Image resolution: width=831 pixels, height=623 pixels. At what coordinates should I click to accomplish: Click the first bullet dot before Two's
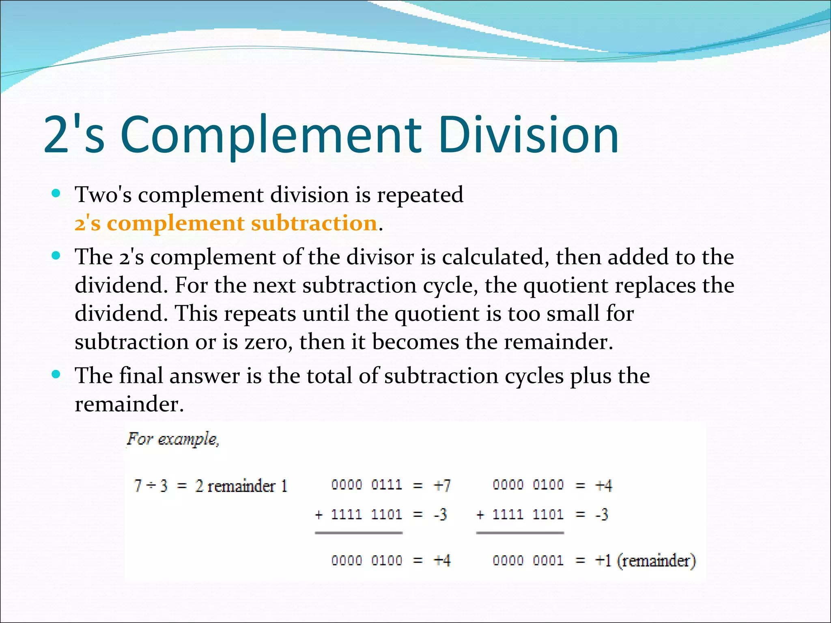click(56, 193)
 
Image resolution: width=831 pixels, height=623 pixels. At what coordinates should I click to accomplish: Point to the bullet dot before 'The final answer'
click(56, 374)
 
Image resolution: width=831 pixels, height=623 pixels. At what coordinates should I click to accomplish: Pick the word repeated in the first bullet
click(420, 195)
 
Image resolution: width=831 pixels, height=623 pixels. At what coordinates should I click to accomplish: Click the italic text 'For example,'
click(173, 439)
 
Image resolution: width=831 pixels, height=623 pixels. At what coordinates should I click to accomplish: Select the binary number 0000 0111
click(366, 485)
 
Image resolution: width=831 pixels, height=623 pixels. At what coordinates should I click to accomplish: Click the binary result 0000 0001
click(528, 561)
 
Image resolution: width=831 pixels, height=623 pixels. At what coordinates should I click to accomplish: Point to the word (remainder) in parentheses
click(657, 561)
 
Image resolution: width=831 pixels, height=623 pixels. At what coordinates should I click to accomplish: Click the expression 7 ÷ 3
click(151, 486)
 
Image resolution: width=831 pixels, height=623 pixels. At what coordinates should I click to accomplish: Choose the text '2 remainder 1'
click(241, 486)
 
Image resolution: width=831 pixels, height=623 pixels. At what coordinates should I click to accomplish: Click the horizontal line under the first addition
click(359, 533)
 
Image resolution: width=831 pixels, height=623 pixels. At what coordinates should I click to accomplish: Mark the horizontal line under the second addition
click(520, 533)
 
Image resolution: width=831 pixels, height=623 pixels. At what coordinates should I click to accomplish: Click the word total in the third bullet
click(329, 376)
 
